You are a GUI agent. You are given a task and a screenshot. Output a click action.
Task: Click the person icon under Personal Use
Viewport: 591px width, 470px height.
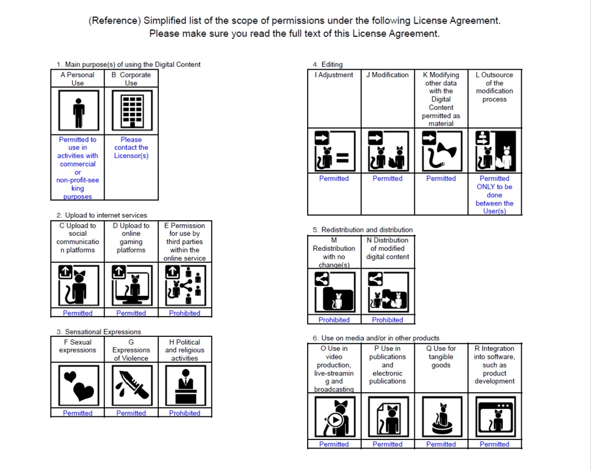[x=78, y=110]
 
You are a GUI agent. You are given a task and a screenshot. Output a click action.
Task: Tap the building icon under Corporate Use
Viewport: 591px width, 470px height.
[x=132, y=110]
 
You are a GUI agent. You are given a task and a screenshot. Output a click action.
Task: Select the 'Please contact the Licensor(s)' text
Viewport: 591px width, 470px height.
[x=131, y=148]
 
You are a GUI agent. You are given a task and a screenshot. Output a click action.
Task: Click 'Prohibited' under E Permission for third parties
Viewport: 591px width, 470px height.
[x=185, y=313]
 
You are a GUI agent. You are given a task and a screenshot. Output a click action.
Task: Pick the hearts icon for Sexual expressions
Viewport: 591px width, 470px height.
[x=78, y=385]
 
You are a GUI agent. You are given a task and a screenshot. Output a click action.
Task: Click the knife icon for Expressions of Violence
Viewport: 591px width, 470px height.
[x=132, y=385]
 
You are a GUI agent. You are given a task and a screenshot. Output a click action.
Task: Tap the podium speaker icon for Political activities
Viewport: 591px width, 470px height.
[x=185, y=385]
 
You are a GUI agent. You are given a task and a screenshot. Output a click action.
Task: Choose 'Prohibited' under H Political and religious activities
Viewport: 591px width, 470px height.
[x=185, y=413]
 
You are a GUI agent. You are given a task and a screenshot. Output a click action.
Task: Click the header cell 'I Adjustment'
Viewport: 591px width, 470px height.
[x=334, y=75]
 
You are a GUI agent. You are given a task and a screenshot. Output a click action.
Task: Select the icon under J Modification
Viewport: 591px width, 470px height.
[x=388, y=151]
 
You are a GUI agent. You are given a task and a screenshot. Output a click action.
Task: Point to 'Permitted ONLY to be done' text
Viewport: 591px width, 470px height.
[x=495, y=191]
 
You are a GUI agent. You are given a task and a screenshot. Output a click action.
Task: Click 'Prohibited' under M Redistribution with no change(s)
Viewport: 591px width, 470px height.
[x=334, y=319]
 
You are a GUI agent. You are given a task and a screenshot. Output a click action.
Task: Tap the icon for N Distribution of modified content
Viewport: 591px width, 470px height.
[x=388, y=292]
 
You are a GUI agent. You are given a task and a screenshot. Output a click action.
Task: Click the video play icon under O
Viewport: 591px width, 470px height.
[x=334, y=418]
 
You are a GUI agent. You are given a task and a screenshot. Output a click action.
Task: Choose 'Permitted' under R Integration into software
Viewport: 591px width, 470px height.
[x=495, y=444]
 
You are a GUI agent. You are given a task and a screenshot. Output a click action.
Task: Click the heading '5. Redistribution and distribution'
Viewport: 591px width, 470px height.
[x=362, y=230]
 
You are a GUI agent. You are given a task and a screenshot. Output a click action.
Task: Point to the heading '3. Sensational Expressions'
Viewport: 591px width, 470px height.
[x=99, y=332]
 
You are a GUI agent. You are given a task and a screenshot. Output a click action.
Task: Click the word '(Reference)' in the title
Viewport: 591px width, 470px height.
[x=114, y=21]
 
